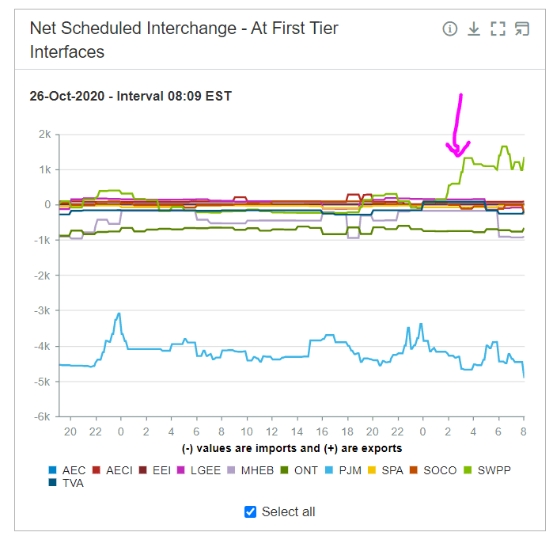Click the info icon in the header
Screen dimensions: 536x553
tap(450, 29)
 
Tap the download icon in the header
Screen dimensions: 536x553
tap(474, 29)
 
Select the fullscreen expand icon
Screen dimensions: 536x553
tap(498, 29)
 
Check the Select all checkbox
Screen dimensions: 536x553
tap(251, 511)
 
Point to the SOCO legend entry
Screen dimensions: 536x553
tap(434, 470)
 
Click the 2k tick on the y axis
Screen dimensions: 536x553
tap(43, 135)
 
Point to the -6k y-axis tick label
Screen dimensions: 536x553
tap(41, 416)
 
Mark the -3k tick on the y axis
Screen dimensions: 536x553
tap(41, 311)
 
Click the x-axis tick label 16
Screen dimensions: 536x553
tap(322, 431)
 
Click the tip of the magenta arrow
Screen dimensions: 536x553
tap(457, 155)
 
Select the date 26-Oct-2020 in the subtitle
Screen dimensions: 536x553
tap(69, 96)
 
